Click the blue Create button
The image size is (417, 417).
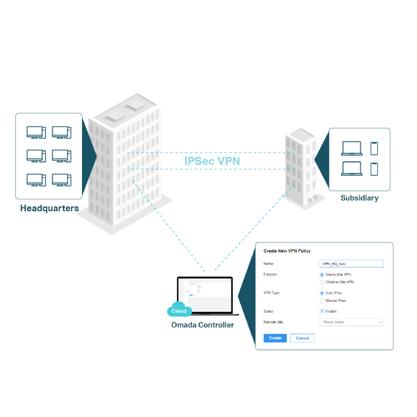[x=275, y=338]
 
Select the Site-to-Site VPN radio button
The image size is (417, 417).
[x=321, y=275]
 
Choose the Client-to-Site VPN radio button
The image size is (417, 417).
[x=321, y=282]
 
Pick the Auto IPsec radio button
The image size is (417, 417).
[x=321, y=293]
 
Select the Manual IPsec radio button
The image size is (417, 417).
[x=321, y=300]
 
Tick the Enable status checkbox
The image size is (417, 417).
[x=321, y=311]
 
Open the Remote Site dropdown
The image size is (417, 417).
[x=351, y=322]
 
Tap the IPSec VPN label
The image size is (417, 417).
[x=212, y=161]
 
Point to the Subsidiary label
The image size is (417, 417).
[x=359, y=198]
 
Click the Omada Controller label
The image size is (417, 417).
[x=203, y=325]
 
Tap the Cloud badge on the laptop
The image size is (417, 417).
[x=179, y=311]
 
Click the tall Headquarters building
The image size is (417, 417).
[x=125, y=160]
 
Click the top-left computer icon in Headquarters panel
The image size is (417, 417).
[x=36, y=131]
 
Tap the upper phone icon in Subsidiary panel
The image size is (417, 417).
[x=374, y=148]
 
